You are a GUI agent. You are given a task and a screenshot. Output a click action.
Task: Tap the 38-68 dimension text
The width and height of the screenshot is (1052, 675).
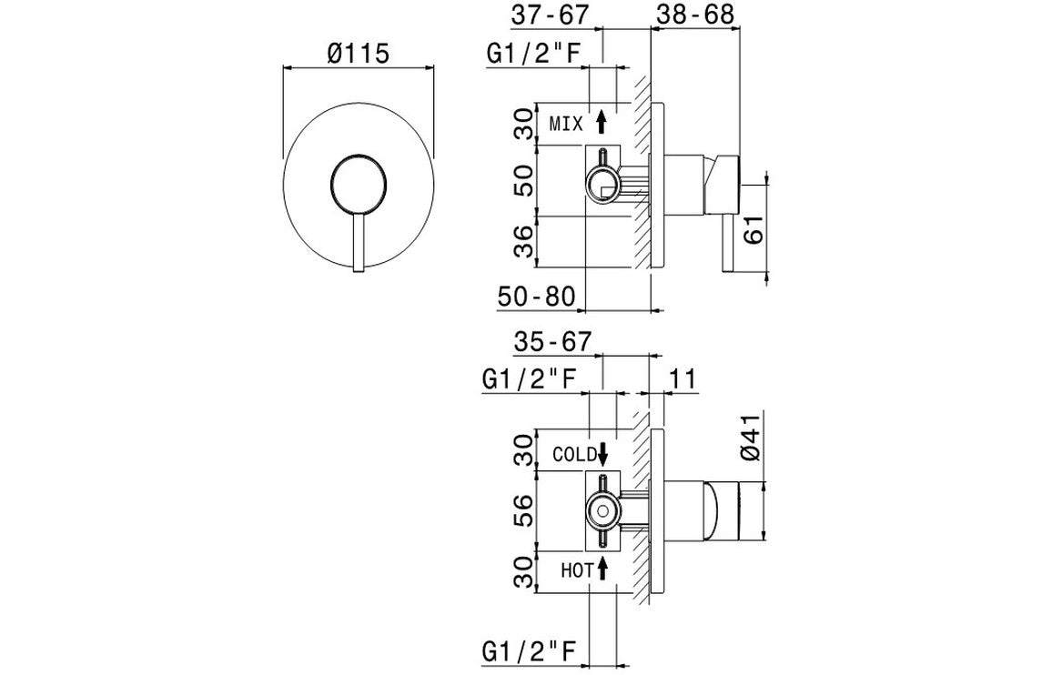[693, 15]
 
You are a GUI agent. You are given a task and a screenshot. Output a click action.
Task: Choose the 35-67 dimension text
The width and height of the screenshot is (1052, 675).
[552, 342]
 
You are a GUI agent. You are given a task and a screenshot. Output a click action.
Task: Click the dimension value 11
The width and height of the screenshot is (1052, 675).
[683, 379]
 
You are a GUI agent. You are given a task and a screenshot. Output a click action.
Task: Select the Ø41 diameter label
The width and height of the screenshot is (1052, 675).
[752, 439]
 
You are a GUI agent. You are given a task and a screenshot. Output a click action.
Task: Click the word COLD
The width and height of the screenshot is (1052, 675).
[574, 454]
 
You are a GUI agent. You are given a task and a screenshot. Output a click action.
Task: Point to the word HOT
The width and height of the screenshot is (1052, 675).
[577, 570]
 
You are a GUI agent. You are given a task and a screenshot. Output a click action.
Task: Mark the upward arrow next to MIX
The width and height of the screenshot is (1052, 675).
[601, 122]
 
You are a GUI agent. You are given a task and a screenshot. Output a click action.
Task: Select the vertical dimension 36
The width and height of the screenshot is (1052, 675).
[523, 241]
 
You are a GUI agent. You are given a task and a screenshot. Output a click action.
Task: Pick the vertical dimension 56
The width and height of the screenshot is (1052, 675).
[523, 511]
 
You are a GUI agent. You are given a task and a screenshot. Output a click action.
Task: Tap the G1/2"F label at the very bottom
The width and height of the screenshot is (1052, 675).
[529, 651]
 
